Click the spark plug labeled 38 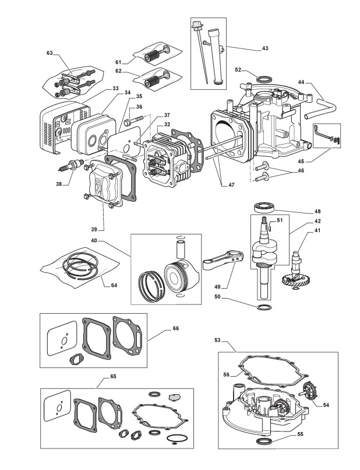[x=70, y=165]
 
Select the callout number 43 [x=265, y=48]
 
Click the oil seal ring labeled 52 [x=264, y=80]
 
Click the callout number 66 [x=175, y=328]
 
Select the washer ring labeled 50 [x=264, y=307]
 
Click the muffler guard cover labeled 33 [x=65, y=127]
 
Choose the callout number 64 [x=114, y=285]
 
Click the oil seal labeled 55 [x=264, y=441]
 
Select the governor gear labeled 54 [x=309, y=391]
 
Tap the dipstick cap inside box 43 [x=197, y=24]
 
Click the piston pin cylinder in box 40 [x=181, y=248]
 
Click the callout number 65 [x=113, y=376]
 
